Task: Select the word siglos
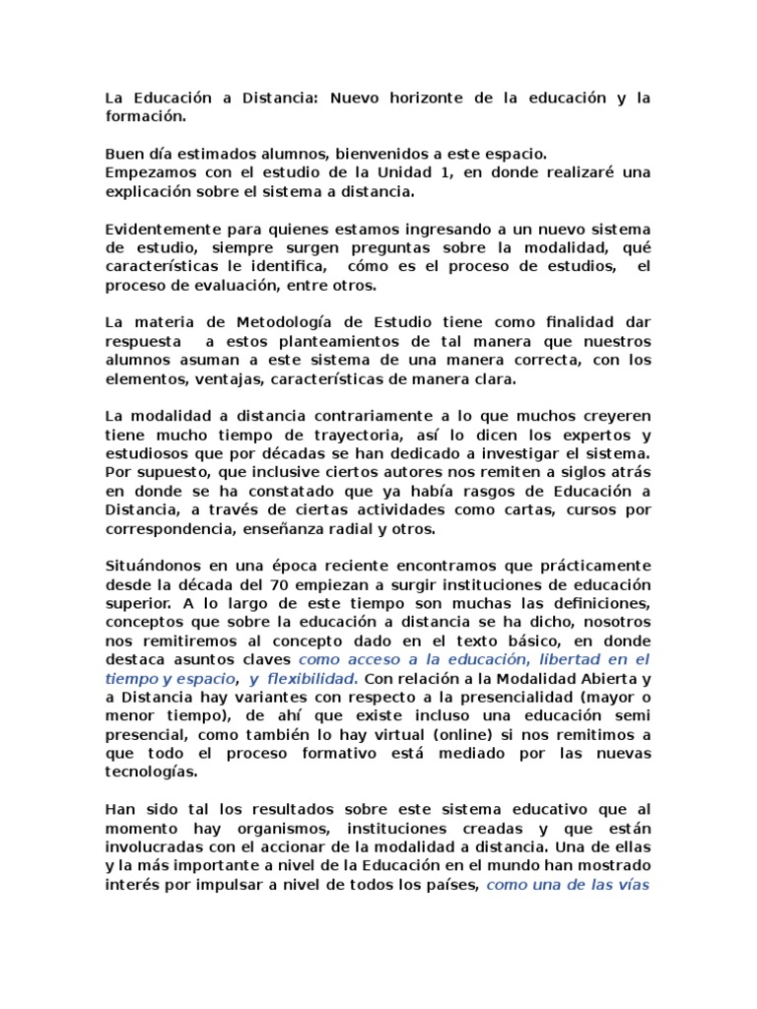coord(567,472)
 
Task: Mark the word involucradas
coord(154,846)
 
